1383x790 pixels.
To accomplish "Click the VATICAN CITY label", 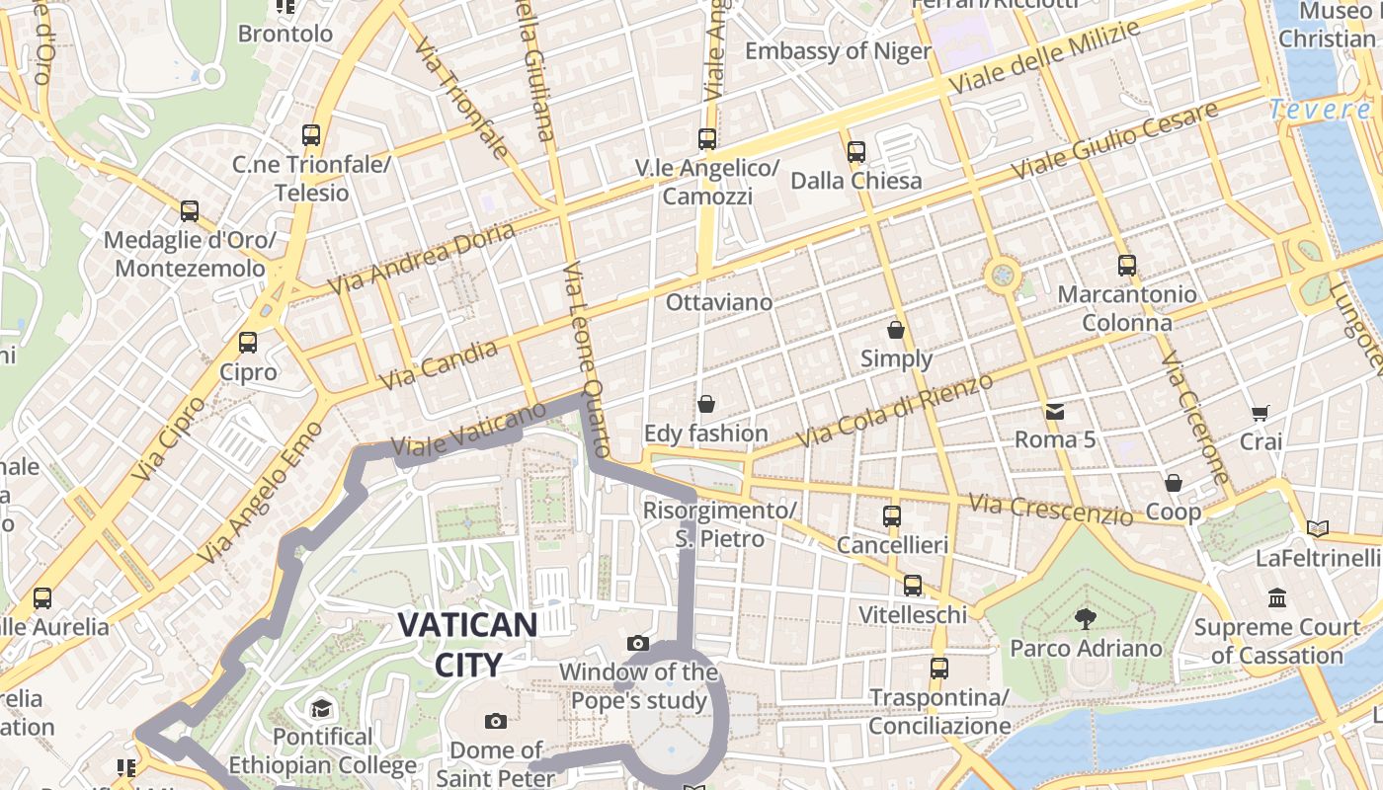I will coord(467,644).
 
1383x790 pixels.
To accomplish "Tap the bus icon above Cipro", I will coord(248,343).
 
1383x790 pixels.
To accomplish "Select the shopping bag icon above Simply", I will coord(896,329).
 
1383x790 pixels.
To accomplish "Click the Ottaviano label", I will coord(719,302).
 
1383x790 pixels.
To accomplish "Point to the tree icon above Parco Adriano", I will coord(1086,619).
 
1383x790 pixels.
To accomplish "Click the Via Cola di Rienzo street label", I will coord(894,410).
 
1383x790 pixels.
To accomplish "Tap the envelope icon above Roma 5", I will coord(1055,411).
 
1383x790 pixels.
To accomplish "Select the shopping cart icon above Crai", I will coord(1260,413).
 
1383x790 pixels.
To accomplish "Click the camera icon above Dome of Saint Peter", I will coord(496,721).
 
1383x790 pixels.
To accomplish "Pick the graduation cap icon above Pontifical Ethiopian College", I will coord(321,708).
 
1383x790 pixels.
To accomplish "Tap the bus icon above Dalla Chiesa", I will coord(855,152).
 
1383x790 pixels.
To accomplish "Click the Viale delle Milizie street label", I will coord(1044,56).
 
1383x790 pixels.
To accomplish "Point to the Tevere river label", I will coord(1320,109).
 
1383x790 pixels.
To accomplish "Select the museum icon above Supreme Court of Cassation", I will coord(1277,598).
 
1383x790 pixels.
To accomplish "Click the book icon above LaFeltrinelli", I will coord(1317,528).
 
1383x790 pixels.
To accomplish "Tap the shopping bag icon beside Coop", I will coord(1174,483).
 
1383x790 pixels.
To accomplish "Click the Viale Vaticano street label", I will coord(469,431).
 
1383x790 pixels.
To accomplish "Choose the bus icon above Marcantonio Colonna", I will coord(1126,265).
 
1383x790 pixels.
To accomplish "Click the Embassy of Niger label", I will coord(838,51).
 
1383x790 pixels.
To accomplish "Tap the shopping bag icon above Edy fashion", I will coord(706,404).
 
